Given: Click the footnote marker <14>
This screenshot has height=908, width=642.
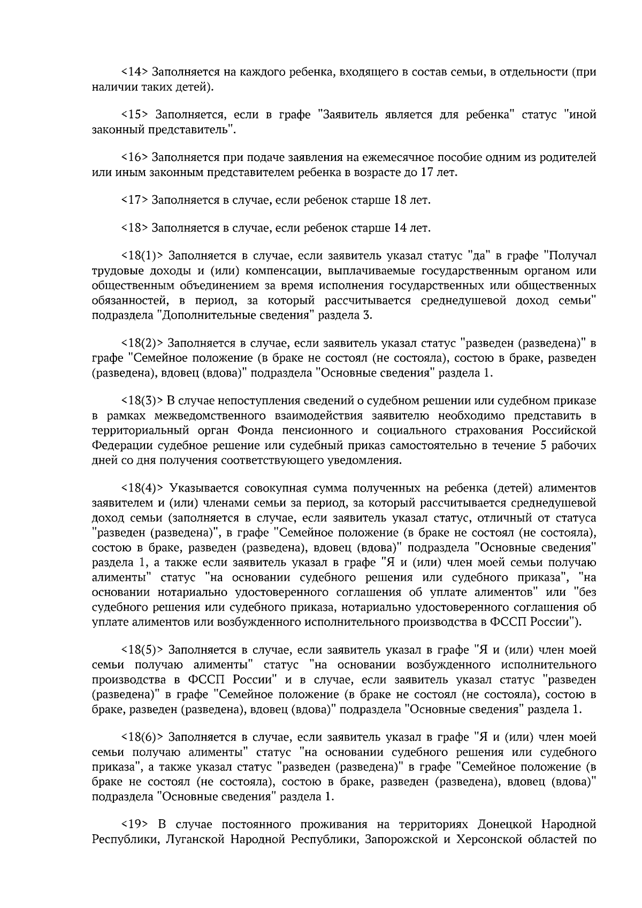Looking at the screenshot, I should point(135,72).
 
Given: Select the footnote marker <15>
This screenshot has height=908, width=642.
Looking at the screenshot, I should point(135,114).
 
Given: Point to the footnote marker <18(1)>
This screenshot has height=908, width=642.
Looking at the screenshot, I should point(142,256).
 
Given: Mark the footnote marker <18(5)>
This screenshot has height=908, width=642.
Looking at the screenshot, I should point(142,650).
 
